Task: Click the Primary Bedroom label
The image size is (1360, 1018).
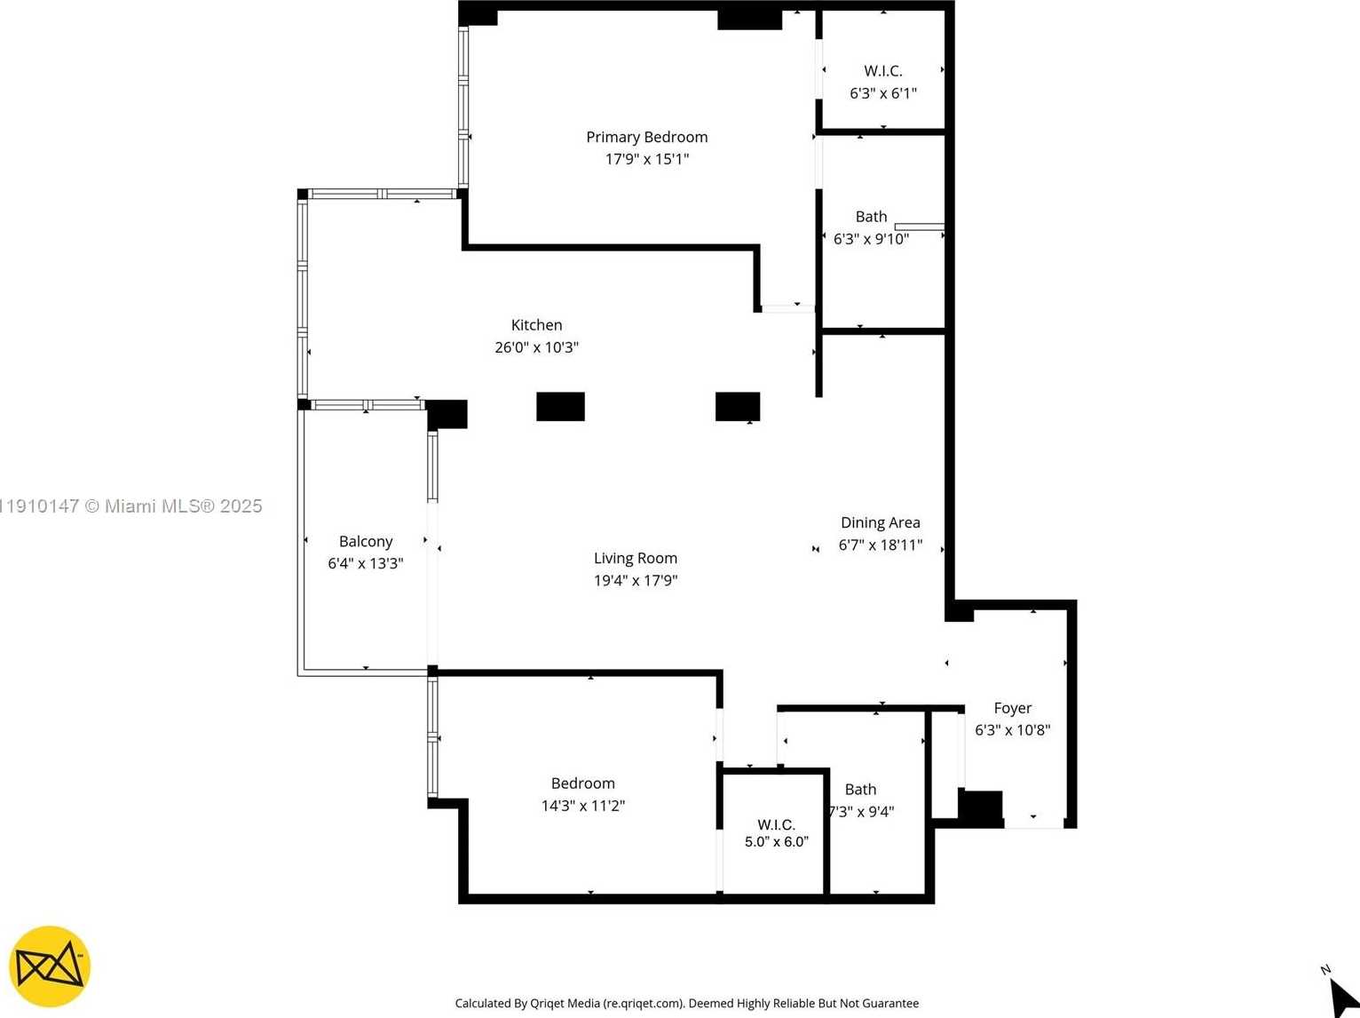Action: click(646, 137)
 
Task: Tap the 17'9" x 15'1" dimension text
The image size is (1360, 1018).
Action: click(646, 159)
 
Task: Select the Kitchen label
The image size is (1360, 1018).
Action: click(536, 325)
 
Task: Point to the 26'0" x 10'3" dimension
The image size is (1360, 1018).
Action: click(536, 347)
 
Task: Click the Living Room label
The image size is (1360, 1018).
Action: click(635, 558)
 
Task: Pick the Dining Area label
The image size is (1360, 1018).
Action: click(880, 522)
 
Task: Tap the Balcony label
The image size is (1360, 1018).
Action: click(365, 541)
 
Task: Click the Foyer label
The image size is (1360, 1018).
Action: click(1012, 708)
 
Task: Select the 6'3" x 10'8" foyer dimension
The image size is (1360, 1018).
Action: click(1012, 730)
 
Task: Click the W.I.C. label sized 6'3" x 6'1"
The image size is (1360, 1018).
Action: click(882, 71)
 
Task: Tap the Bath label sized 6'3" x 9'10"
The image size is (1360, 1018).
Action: click(871, 217)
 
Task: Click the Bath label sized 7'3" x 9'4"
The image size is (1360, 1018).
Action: click(860, 789)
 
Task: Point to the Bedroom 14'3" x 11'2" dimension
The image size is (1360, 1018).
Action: click(582, 806)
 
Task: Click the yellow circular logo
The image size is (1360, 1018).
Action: click(50, 967)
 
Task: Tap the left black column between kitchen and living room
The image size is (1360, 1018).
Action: click(560, 406)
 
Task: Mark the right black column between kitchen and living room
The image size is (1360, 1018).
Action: click(737, 406)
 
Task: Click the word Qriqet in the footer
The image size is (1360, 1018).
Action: click(551, 1003)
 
